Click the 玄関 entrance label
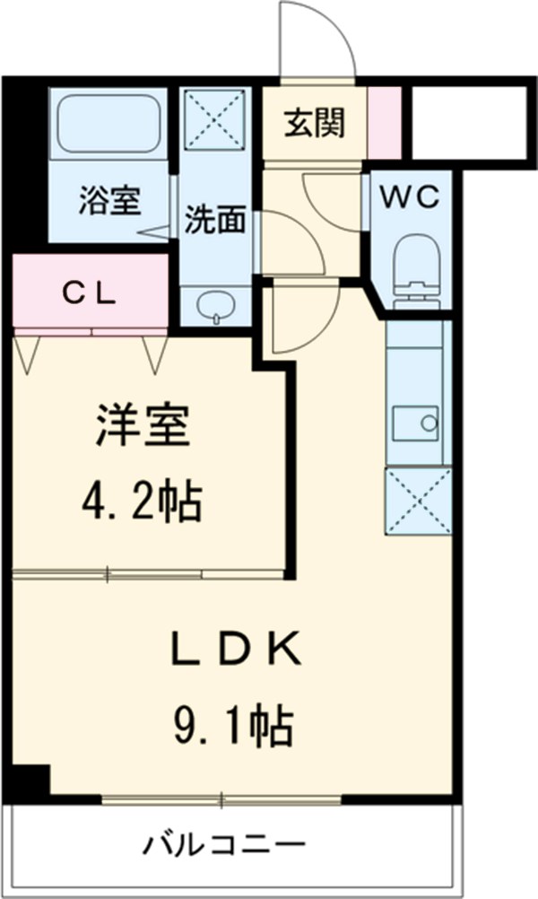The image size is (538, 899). [315, 125]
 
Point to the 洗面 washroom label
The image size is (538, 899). [215, 221]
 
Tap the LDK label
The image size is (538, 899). [235, 647]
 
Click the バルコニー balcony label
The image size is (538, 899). [225, 847]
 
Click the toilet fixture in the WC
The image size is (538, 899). [415, 262]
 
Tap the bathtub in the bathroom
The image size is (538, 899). [108, 125]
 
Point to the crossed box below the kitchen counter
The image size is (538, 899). [416, 501]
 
